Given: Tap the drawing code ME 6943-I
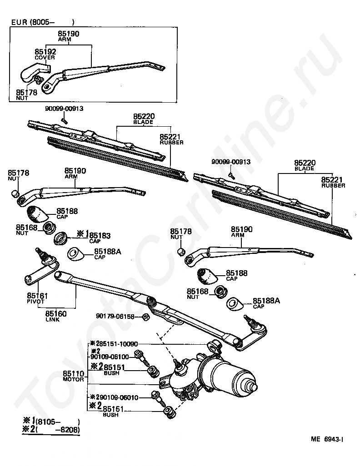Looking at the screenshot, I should [327, 439].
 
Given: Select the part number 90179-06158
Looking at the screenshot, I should [115, 317].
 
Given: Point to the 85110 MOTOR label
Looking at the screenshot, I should [74, 376].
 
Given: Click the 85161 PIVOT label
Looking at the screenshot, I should [37, 298].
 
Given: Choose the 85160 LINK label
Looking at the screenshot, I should [55, 316].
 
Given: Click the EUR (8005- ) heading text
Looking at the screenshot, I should [42, 22].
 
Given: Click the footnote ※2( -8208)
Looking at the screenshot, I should [51, 430].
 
